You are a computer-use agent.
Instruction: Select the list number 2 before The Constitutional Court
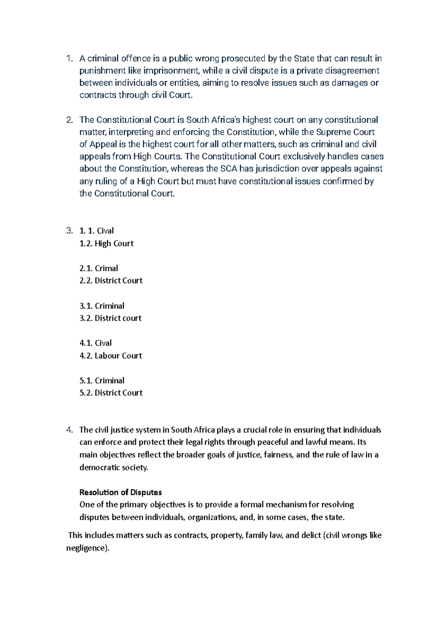(x=69, y=120)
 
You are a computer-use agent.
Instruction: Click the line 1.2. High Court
(x=106, y=243)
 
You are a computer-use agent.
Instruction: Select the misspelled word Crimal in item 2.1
(x=106, y=269)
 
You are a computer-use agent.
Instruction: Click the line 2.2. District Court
(x=111, y=281)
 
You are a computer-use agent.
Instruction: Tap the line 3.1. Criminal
(x=102, y=306)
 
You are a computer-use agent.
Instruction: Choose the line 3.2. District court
(x=110, y=318)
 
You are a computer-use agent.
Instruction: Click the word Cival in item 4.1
(x=103, y=343)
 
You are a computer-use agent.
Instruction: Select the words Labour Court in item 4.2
(x=118, y=356)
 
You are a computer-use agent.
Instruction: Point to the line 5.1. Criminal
(x=102, y=381)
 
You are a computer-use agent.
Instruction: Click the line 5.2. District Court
(x=111, y=393)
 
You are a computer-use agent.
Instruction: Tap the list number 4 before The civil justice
(x=69, y=430)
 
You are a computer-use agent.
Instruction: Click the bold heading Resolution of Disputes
(x=120, y=492)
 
